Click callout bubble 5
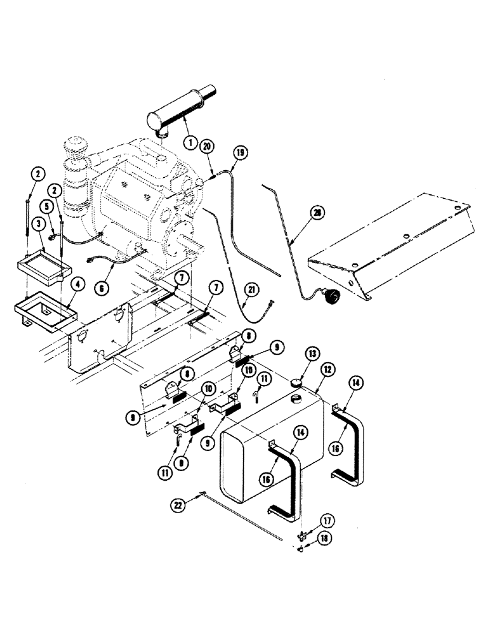pos(49,206)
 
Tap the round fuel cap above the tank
pos(295,384)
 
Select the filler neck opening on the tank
pos(295,399)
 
